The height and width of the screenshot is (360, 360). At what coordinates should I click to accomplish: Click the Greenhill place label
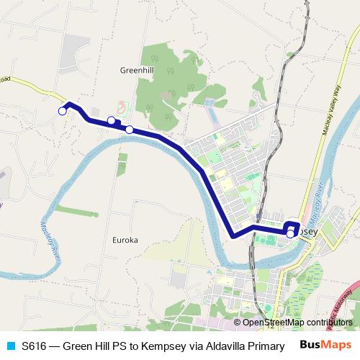coord(134,71)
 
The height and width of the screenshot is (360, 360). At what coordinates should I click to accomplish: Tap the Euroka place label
coord(126,240)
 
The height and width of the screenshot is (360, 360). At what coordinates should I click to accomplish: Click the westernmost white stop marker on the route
coord(63,110)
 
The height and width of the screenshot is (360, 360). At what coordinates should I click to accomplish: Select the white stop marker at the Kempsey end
coord(290,233)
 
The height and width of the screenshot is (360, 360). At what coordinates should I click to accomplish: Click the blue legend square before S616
coord(11,345)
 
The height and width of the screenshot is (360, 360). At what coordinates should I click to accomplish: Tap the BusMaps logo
coord(325,345)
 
